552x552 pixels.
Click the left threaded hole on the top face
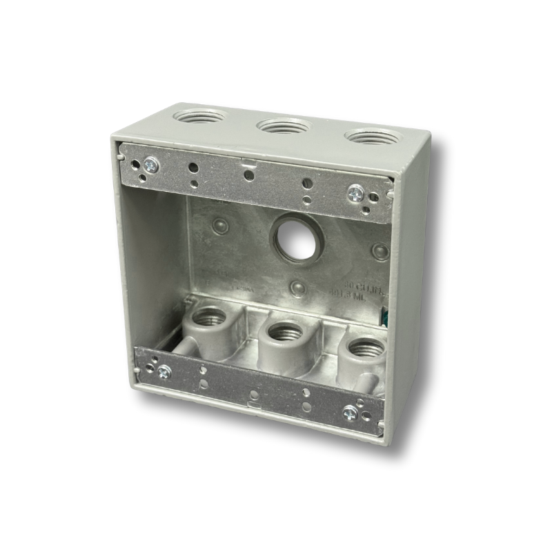pyautogui.click(x=199, y=116)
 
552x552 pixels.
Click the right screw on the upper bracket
pyautogui.click(x=355, y=193)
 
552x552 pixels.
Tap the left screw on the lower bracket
pyautogui.click(x=164, y=372)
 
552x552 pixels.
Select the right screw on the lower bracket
pyautogui.click(x=350, y=414)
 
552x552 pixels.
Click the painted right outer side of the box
pyautogui.click(x=411, y=290)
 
